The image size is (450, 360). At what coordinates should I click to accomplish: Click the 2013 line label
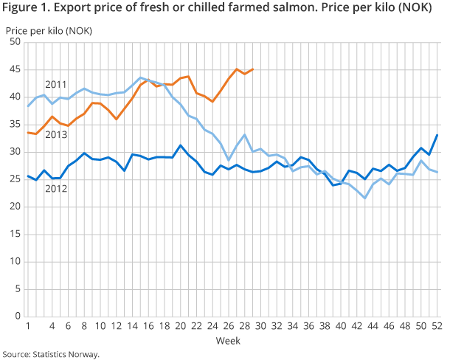point(56,135)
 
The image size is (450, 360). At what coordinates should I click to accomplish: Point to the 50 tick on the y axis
point(15,42)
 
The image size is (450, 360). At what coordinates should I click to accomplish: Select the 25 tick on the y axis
point(15,179)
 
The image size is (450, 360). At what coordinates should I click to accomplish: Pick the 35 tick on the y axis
point(15,125)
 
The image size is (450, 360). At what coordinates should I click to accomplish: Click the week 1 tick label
point(28,326)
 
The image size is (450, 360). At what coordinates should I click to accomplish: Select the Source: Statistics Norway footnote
point(50,354)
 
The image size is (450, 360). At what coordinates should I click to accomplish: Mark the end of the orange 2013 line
point(252,69)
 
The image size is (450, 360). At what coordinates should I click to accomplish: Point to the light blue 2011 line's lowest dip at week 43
point(364,198)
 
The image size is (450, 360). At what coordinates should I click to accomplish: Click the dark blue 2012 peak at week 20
point(180,145)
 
